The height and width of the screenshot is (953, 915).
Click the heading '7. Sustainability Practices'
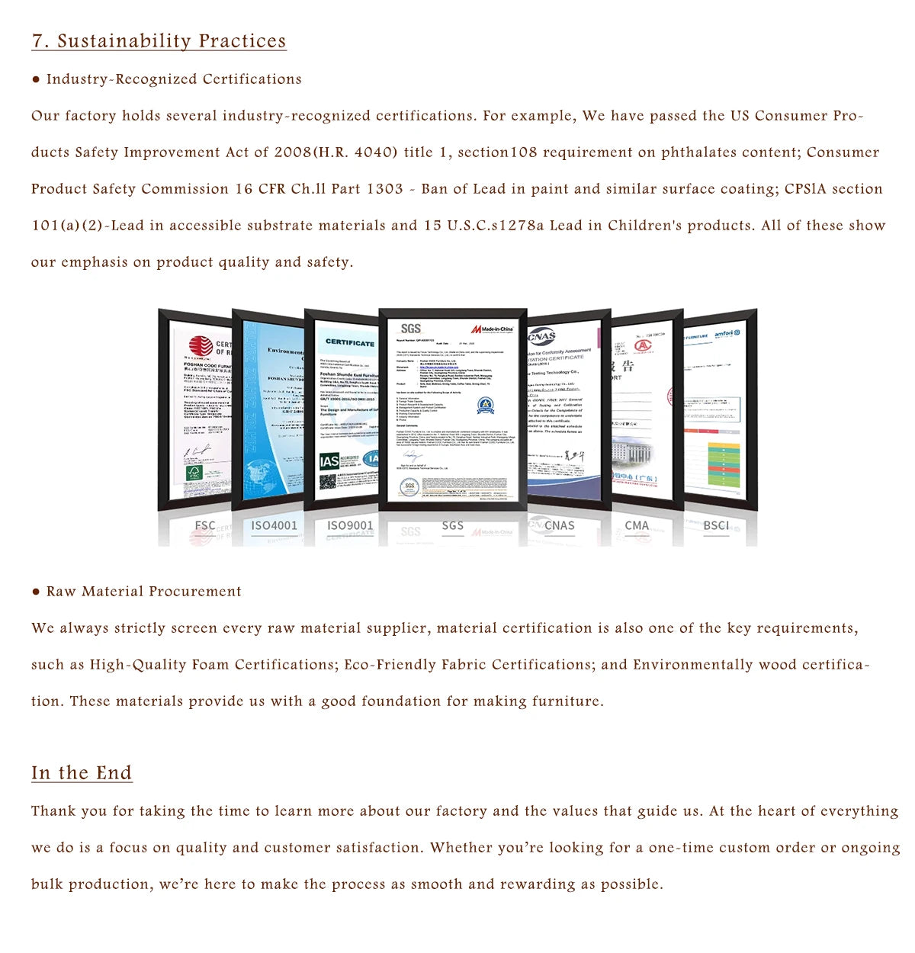pos(159,41)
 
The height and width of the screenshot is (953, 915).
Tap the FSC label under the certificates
pos(205,525)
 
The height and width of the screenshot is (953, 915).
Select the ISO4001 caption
pos(274,525)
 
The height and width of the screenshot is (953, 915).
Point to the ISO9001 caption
pos(350,525)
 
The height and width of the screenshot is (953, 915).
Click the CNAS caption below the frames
pos(560,525)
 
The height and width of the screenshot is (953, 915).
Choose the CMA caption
pos(637,525)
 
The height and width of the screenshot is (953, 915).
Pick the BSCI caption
pos(716,525)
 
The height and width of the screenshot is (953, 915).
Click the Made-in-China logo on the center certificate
pos(492,329)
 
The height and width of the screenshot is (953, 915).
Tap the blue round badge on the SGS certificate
pos(486,405)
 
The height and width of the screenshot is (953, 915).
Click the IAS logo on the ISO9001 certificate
pos(329,461)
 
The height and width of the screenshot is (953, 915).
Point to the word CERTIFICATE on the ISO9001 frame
pos(350,343)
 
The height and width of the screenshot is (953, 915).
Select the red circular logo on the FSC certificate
pos(201,346)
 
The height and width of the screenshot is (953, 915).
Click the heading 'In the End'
pos(82,773)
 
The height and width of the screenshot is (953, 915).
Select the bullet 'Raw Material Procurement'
pos(143,592)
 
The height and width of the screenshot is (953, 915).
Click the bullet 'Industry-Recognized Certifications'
pos(174,79)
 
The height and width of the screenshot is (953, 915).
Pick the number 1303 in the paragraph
pos(385,189)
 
